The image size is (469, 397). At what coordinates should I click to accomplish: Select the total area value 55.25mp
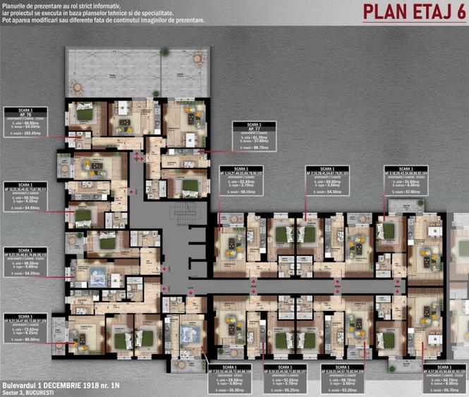click(282, 388)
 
